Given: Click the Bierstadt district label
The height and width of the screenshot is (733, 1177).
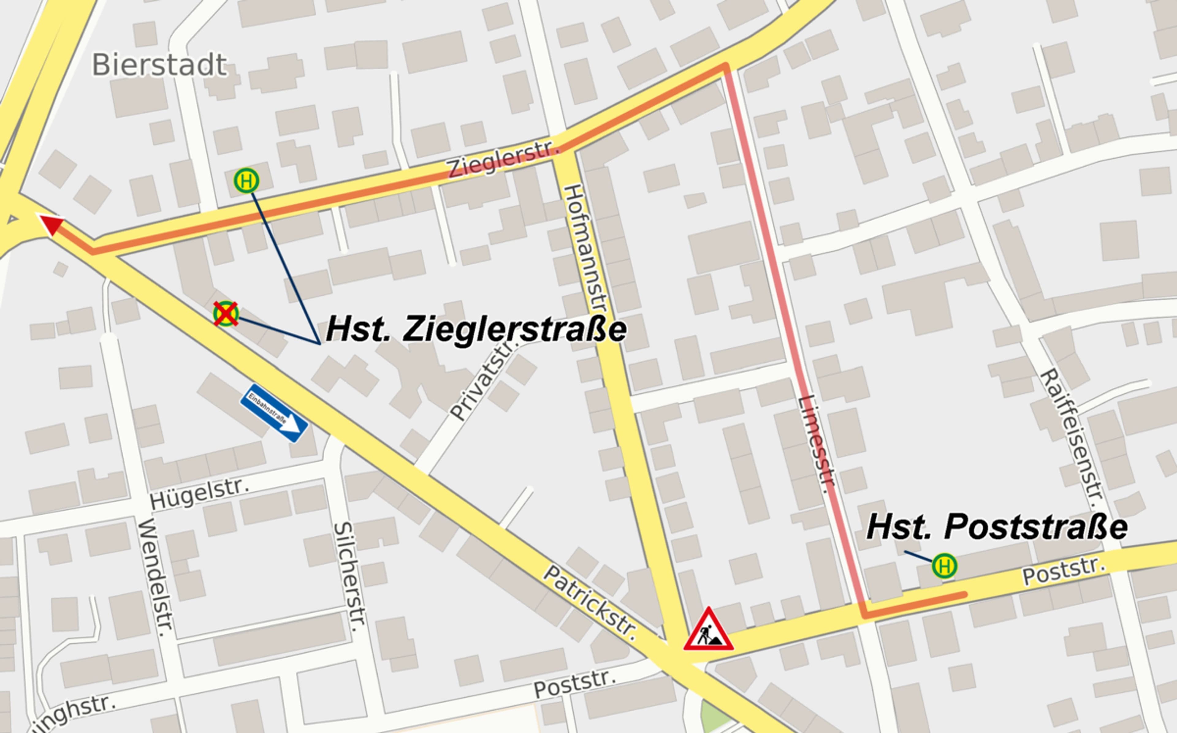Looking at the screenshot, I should point(159,65).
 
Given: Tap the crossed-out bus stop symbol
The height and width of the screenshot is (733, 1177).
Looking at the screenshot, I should point(226,314).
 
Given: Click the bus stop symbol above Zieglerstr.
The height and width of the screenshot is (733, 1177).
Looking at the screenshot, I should point(246,181).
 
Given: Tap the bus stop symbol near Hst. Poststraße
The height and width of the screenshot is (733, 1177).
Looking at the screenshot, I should point(944,566).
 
